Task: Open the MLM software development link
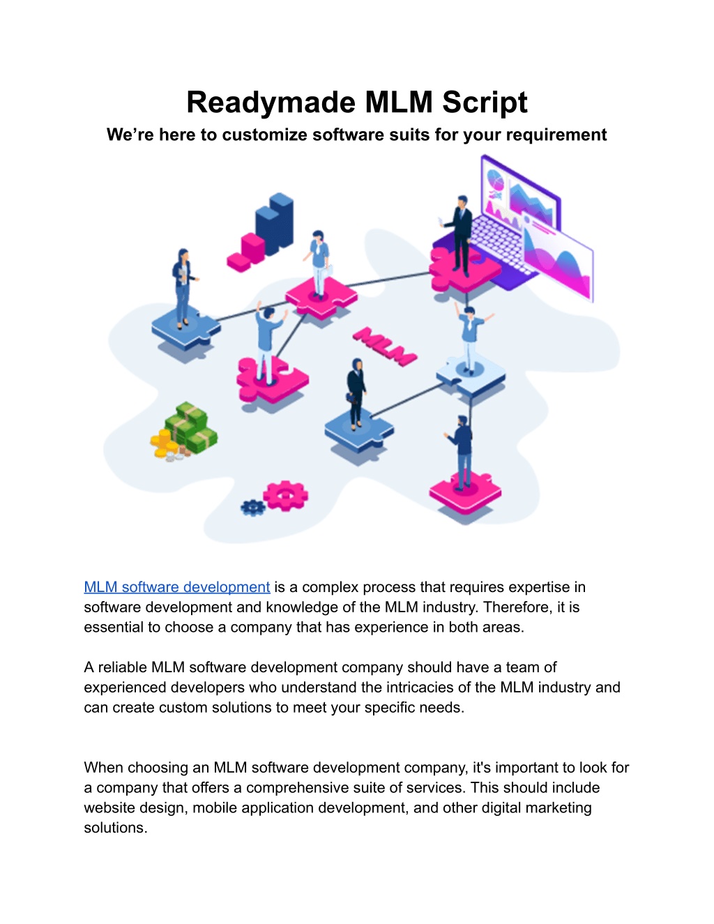pos(177,586)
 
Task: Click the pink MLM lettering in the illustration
pos(385,346)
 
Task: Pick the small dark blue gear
pos(253,508)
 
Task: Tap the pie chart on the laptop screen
pos(495,181)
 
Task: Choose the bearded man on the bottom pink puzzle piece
pos(461,453)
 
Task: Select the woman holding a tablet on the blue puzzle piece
pos(183,288)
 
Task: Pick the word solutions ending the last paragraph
pos(116,828)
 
